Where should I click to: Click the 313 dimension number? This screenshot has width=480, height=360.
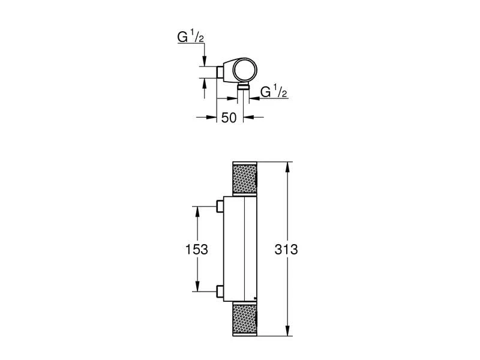[286, 249]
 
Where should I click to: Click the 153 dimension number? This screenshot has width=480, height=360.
[197, 249]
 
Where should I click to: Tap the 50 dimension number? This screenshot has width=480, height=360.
[229, 118]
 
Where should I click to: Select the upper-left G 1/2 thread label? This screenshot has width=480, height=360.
[190, 37]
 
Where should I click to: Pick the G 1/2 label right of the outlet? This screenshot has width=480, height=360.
[274, 91]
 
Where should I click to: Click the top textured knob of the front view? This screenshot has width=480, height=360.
[245, 178]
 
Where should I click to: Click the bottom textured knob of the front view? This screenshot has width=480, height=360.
[245, 319]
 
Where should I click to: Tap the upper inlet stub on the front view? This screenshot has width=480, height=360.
[220, 206]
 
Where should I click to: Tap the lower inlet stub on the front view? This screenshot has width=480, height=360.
[220, 292]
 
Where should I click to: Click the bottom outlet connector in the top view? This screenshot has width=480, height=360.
[244, 86]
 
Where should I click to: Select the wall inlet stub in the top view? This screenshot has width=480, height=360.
[220, 72]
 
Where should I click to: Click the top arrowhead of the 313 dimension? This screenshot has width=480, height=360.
[288, 167]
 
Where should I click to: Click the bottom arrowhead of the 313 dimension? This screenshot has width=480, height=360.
[288, 331]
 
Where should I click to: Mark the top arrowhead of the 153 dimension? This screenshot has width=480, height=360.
[197, 212]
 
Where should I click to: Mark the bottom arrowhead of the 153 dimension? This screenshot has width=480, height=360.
[197, 286]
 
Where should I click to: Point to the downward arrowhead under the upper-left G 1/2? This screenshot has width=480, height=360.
[205, 61]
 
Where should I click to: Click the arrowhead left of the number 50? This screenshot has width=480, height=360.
[211, 116]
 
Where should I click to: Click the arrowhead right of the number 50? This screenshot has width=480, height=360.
[248, 116]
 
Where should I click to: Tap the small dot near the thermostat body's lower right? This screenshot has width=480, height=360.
[254, 298]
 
